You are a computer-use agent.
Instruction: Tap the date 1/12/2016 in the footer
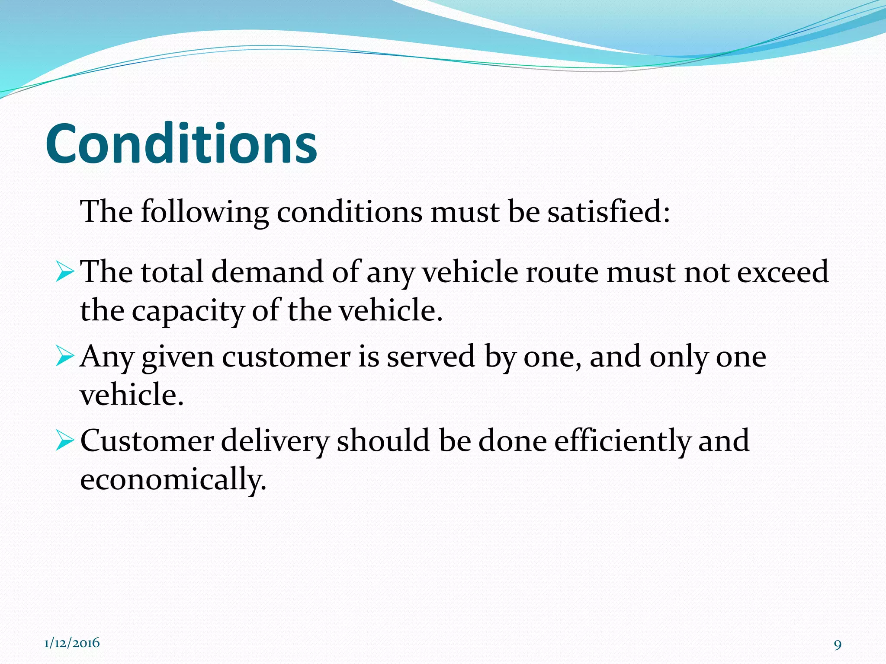pos(72,643)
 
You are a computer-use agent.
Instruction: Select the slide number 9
pos(838,645)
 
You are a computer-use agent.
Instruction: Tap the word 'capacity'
pos(188,311)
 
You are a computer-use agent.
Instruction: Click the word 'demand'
pos(267,272)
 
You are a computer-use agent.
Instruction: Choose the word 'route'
pos(562,272)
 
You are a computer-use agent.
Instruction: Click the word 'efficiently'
pos(622,441)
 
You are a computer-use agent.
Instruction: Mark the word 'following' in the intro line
pos(204,213)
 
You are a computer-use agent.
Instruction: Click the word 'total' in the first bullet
pos(172,272)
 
